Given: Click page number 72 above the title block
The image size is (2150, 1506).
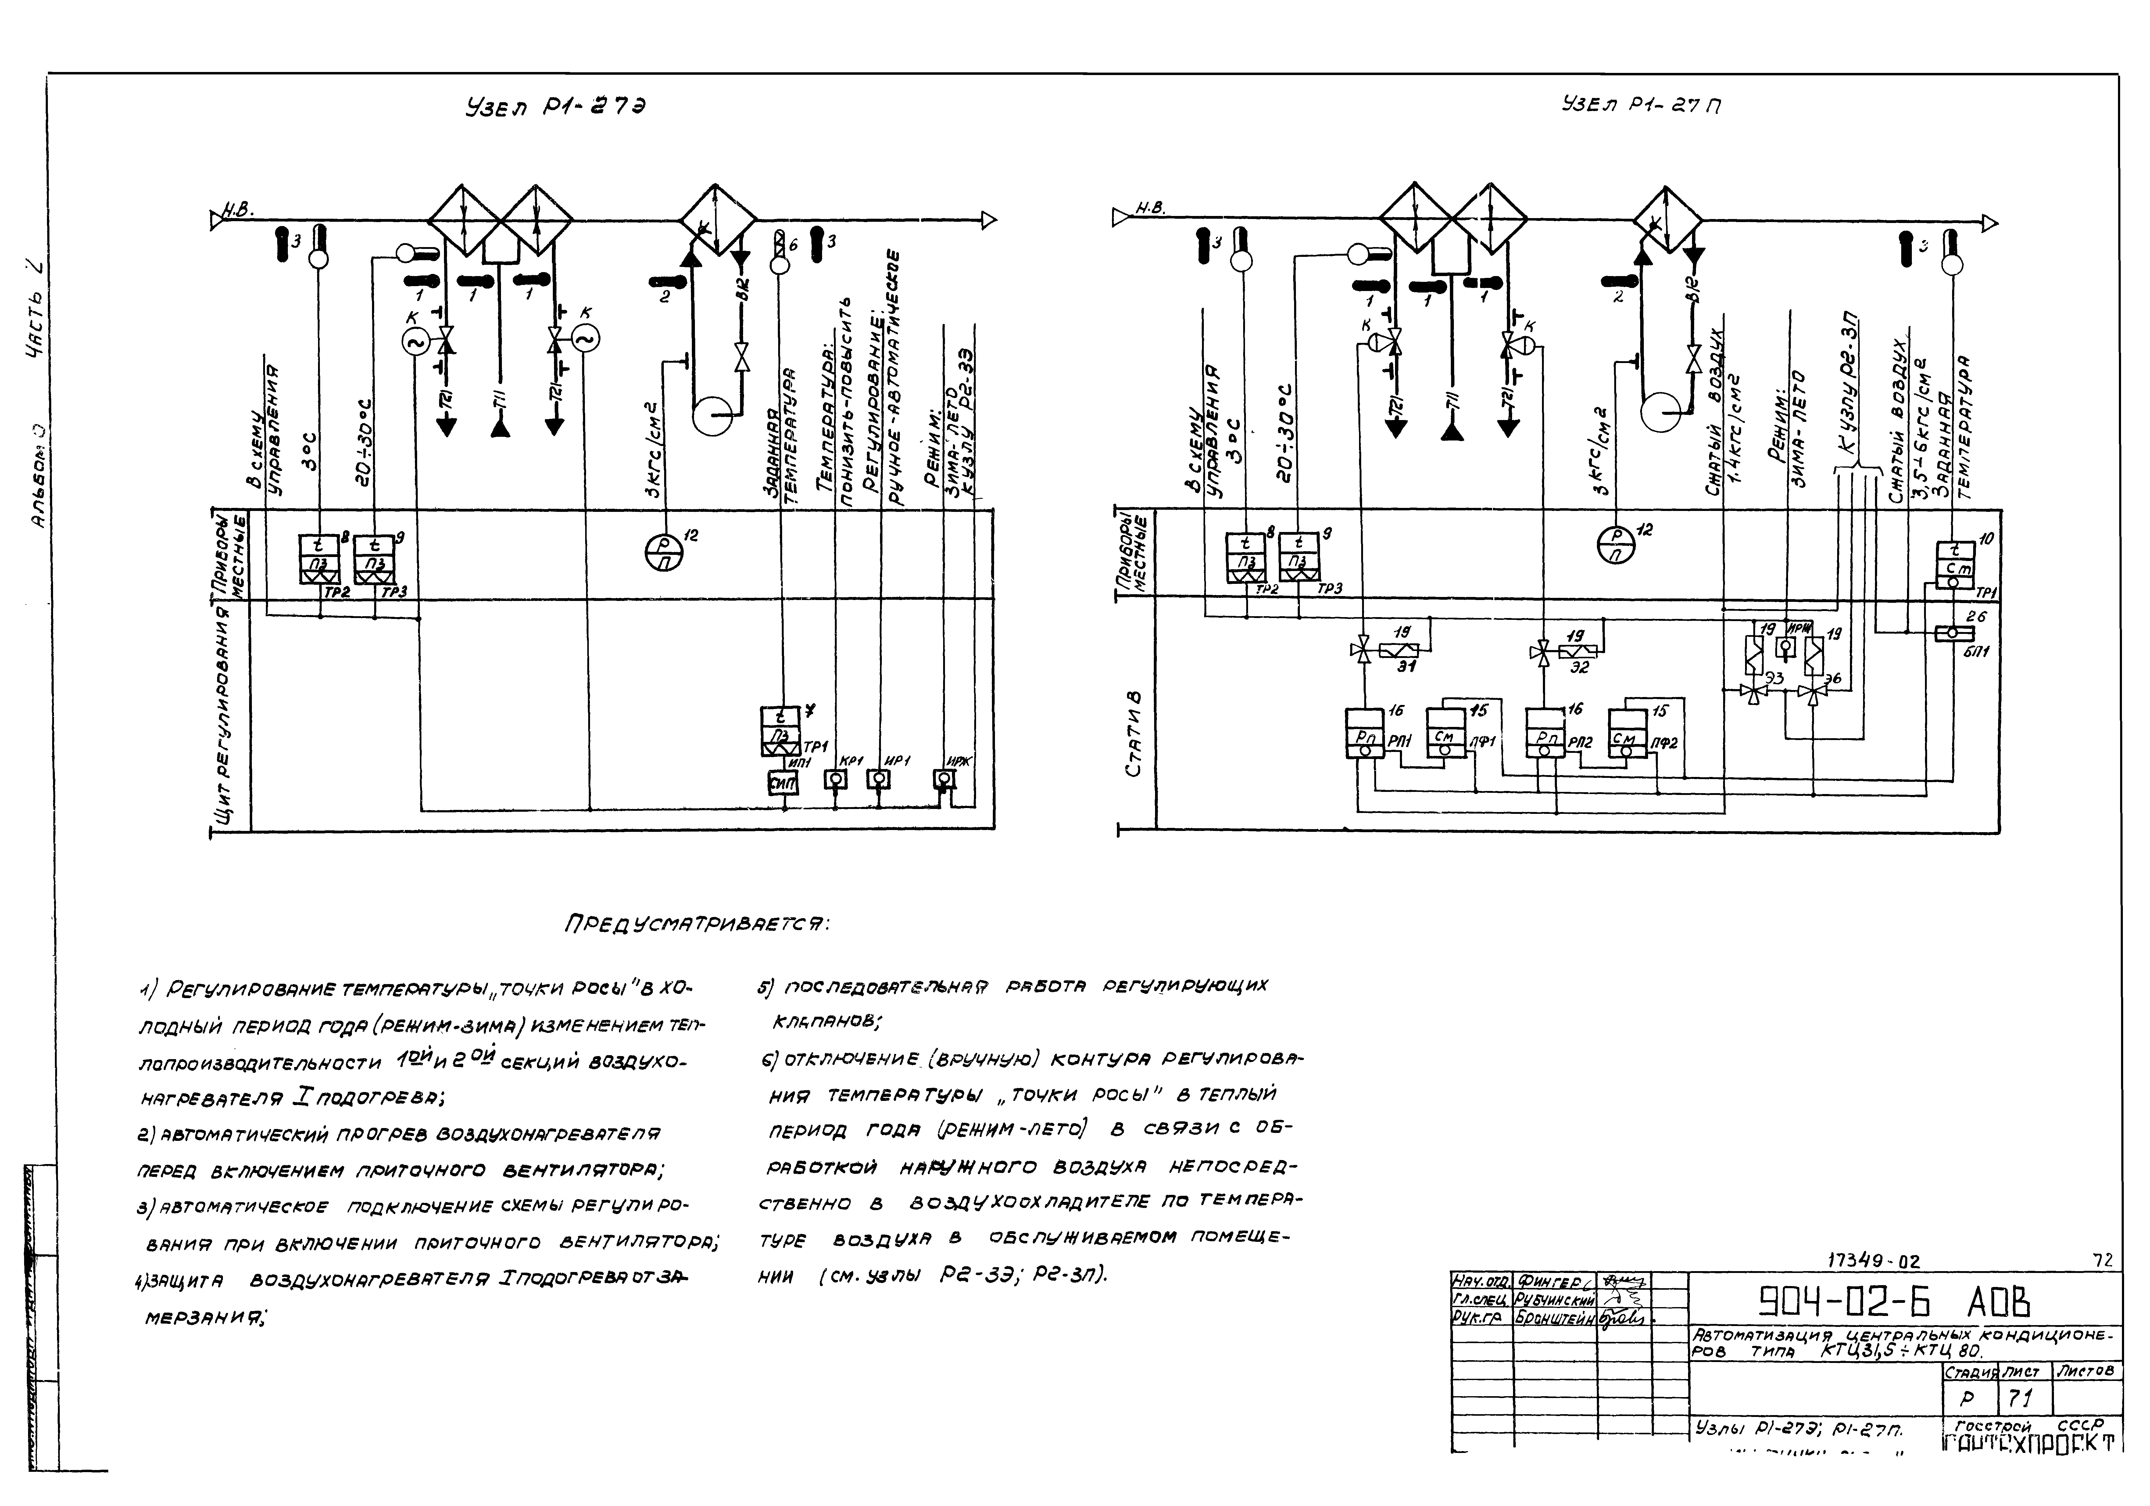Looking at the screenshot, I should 2102,1261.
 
